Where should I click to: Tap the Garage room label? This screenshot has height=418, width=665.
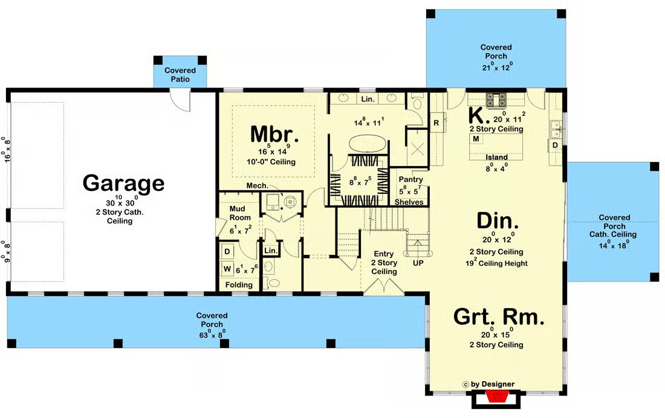pyautogui.click(x=123, y=182)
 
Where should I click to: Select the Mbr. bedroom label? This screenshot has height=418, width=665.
pyautogui.click(x=274, y=134)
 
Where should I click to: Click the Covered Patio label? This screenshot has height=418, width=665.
pyautogui.click(x=180, y=75)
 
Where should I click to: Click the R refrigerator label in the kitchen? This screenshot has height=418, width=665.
pyautogui.click(x=436, y=123)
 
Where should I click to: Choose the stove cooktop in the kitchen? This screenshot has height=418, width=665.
pyautogui.click(x=496, y=100)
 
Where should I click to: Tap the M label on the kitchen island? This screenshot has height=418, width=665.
pyautogui.click(x=476, y=138)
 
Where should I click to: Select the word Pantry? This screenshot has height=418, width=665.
pyautogui.click(x=410, y=179)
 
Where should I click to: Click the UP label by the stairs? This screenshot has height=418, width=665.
pyautogui.click(x=418, y=263)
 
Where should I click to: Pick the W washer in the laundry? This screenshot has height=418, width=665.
pyautogui.click(x=227, y=269)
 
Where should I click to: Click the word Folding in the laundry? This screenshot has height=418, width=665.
pyautogui.click(x=239, y=285)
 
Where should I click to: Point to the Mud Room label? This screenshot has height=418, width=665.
pyautogui.click(x=239, y=213)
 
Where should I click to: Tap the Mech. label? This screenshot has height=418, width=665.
pyautogui.click(x=257, y=185)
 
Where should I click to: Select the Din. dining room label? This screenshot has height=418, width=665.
pyautogui.click(x=497, y=221)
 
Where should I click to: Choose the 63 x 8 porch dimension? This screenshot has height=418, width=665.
pyautogui.click(x=212, y=333)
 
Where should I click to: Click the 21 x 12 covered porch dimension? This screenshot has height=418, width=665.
pyautogui.click(x=497, y=66)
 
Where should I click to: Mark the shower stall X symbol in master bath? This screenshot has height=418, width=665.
pyautogui.click(x=418, y=148)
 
